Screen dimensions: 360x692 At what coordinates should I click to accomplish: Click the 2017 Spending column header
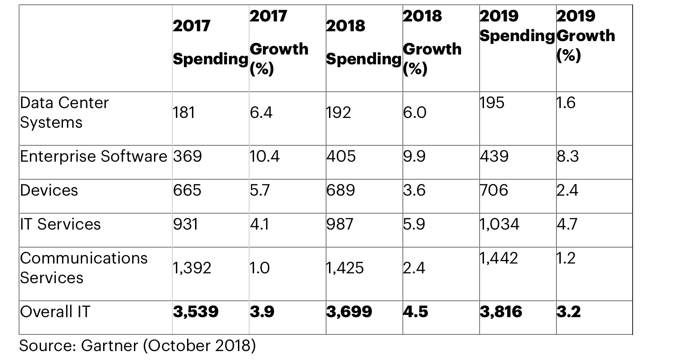pos(210,42)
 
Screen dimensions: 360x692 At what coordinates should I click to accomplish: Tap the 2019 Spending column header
pos(517,26)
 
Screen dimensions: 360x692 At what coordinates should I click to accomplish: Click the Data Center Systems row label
pos(64,113)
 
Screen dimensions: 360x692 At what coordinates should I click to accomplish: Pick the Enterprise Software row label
pos(93,156)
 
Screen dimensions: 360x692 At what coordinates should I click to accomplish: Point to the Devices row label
pos(49,190)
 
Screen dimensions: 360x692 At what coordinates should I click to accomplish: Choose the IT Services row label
pos(60,224)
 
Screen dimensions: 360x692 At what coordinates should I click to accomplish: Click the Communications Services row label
pos(83,268)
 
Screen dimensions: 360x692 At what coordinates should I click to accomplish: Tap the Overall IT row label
pos(55,311)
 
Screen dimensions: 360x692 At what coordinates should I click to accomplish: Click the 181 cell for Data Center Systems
pos(184,113)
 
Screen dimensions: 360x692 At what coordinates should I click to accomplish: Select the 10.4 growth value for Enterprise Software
pos(265,156)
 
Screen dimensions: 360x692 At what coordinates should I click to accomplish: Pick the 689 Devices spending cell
pos(341,190)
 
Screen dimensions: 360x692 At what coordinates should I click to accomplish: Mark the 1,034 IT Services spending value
pos(500,224)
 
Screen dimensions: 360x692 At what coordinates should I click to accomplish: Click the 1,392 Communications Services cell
pos(192,268)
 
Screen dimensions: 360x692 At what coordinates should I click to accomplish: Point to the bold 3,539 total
pos(196,311)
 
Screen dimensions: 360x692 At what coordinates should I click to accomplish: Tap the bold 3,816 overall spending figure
pos(501,311)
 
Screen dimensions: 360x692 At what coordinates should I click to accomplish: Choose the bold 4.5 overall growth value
pos(415,311)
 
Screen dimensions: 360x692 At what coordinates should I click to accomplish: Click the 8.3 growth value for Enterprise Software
pos(568,156)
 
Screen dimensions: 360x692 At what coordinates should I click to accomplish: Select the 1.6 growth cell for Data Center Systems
pos(566,103)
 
